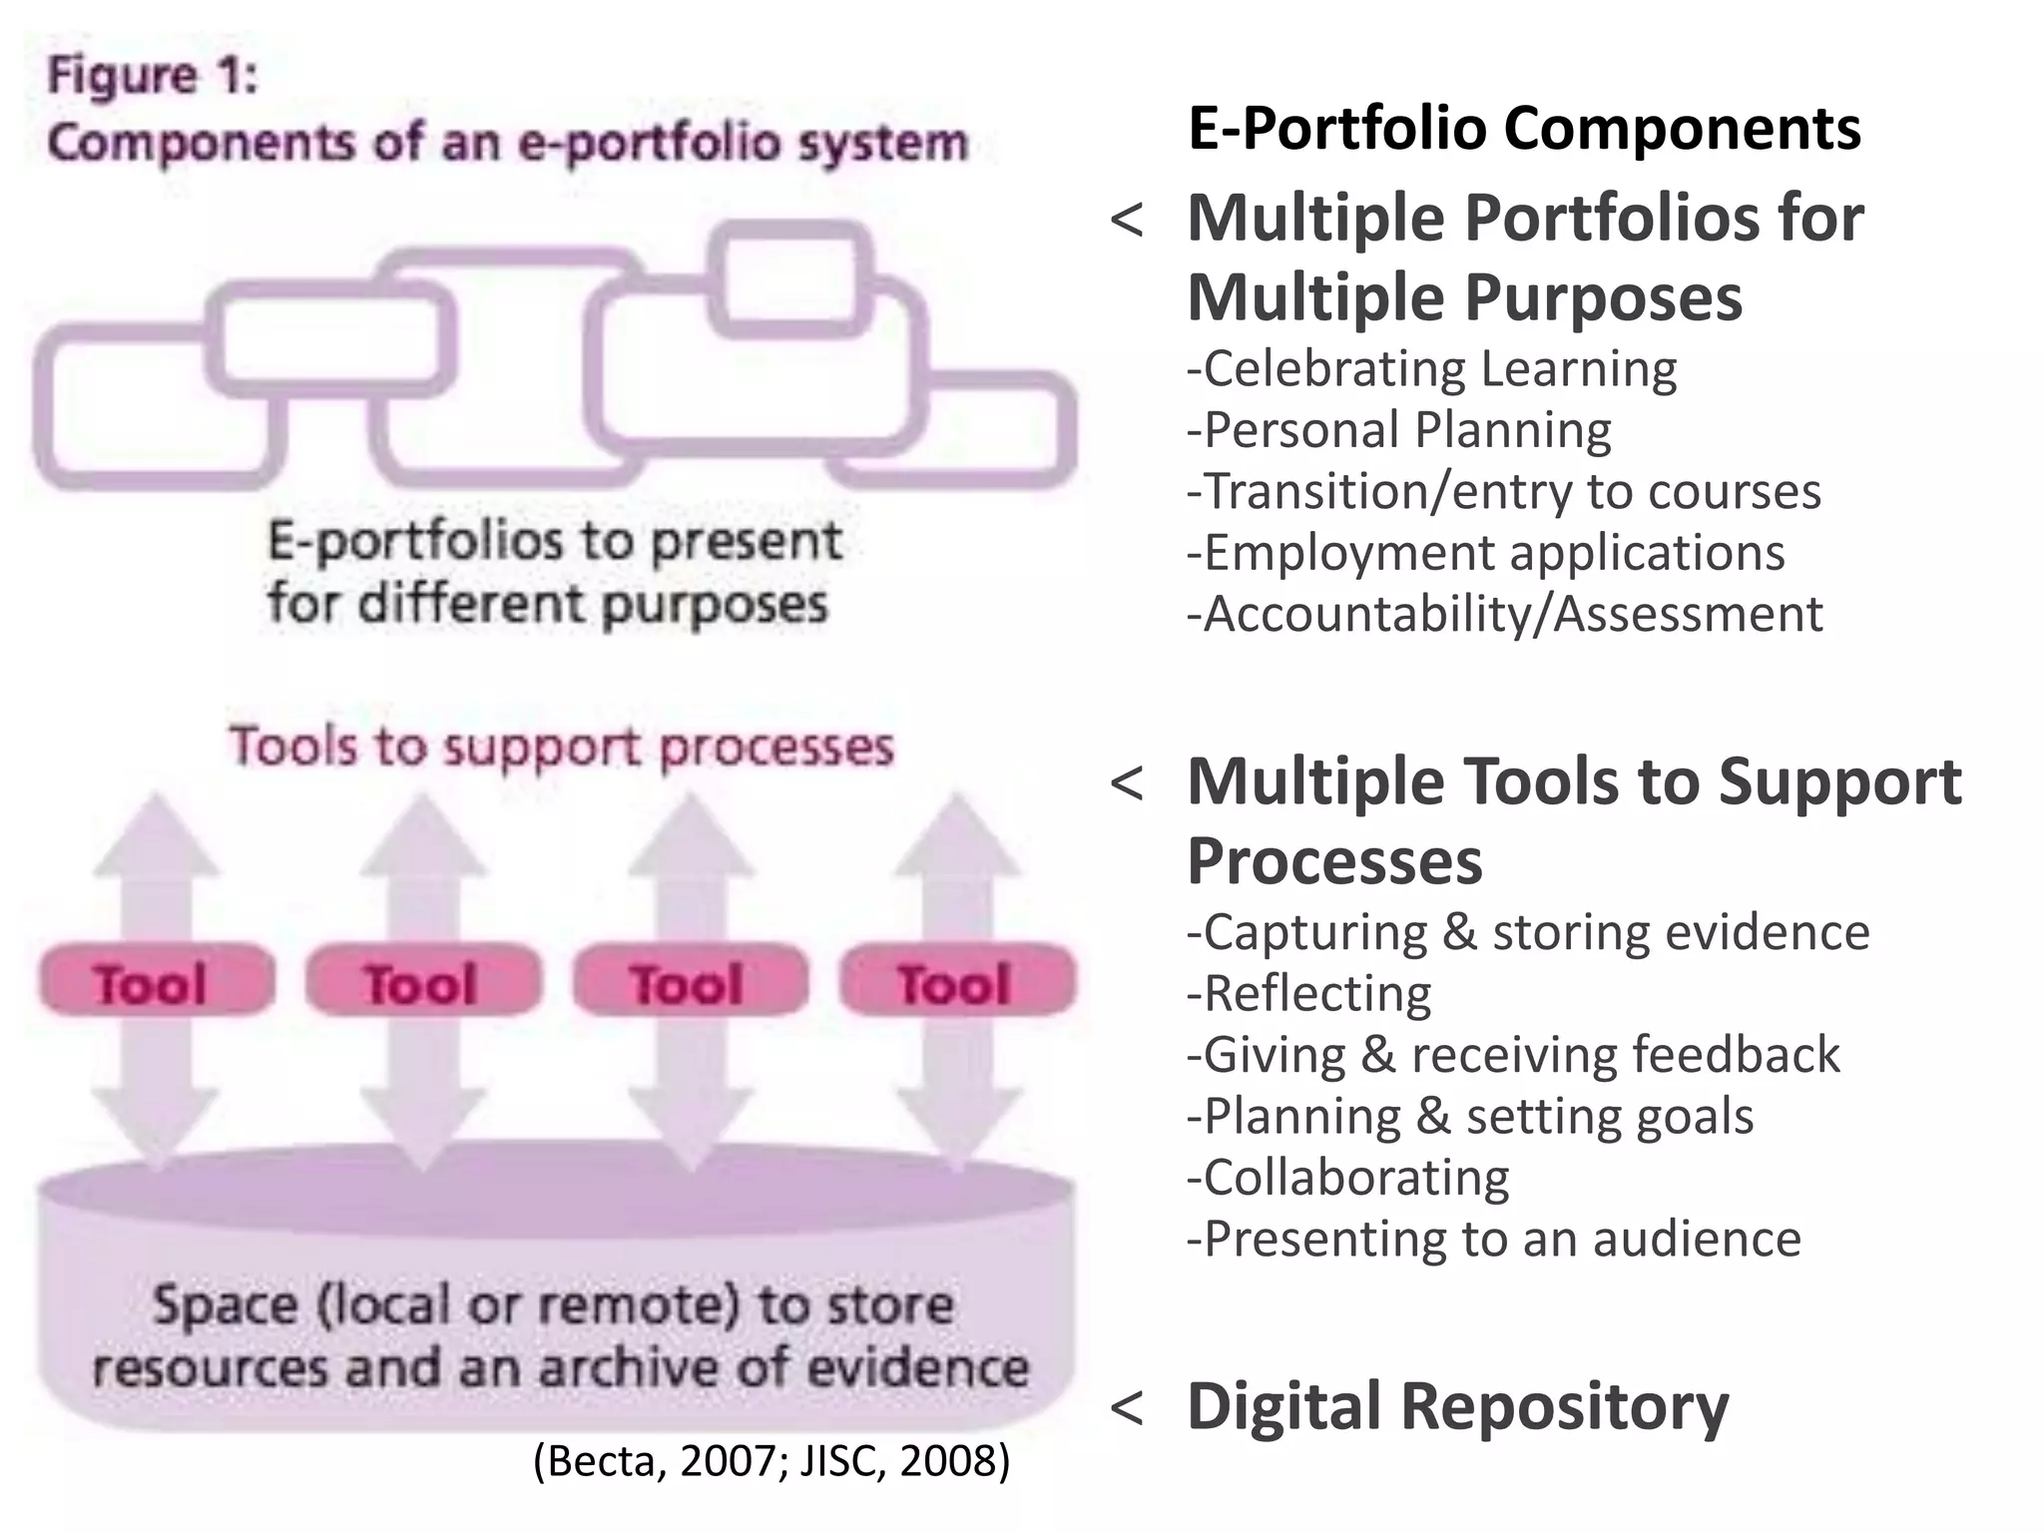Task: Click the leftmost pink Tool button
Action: [155, 982]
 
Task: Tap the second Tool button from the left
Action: [422, 982]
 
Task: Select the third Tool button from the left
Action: [689, 982]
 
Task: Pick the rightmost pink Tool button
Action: [956, 982]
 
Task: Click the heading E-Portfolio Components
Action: [1524, 129]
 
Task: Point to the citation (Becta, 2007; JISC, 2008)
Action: [771, 1460]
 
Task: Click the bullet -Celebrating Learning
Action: [1431, 368]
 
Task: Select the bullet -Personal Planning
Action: [1398, 430]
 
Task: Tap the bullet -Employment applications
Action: [1485, 552]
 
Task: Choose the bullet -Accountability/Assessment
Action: [1504, 614]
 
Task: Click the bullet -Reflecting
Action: [1308, 993]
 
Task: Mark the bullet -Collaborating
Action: [1347, 1178]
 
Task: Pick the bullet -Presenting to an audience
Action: [1493, 1239]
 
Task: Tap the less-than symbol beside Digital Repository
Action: [1126, 1408]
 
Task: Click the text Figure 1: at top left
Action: [154, 76]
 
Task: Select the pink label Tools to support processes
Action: [561, 747]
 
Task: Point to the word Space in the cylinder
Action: [225, 1305]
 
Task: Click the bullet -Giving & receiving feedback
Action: [1512, 1055]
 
